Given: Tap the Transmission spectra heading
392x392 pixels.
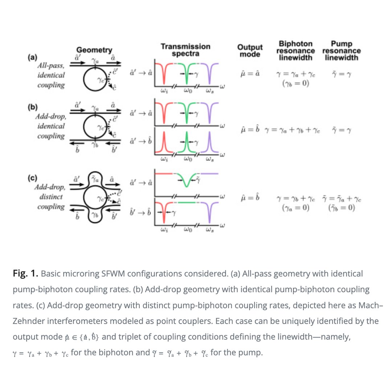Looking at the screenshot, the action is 185,50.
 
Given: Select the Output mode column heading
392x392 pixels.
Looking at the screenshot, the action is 250,50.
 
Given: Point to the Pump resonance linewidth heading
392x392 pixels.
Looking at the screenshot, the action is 341,51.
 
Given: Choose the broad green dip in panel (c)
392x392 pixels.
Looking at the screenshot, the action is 186,180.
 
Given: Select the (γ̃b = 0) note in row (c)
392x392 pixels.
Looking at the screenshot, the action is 341,208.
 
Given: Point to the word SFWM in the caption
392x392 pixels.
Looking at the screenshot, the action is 98,273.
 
